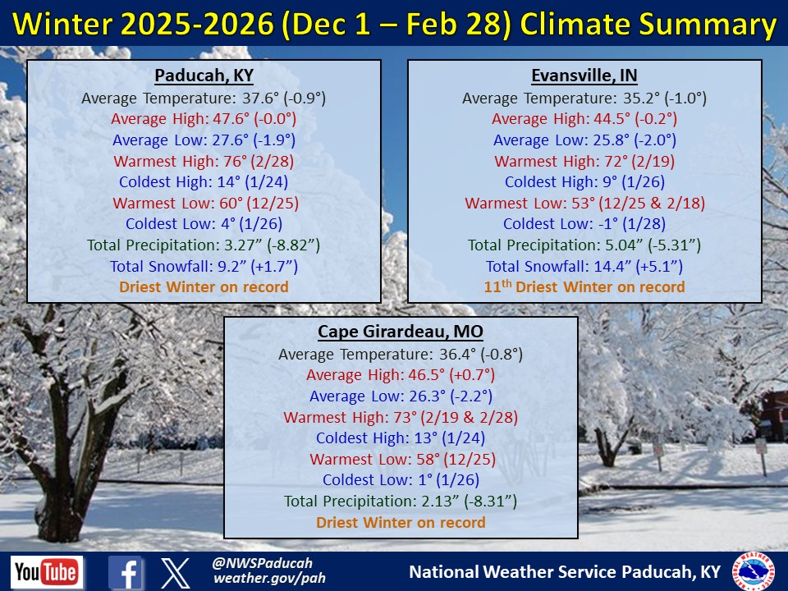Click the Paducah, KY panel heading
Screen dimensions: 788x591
[x=204, y=76]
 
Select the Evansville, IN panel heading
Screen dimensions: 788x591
[x=584, y=76]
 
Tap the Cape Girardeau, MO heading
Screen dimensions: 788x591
[x=401, y=332]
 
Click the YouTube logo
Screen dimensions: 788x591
[x=47, y=572]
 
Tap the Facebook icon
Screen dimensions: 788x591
[x=125, y=572]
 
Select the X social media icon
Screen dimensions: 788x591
[x=176, y=573]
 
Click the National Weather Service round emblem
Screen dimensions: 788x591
[x=754, y=571]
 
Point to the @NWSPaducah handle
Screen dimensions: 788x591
[x=263, y=563]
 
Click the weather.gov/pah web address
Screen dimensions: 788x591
[x=269, y=579]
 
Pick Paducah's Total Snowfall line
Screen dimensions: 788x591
[x=204, y=266]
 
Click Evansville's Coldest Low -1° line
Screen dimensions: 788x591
[x=584, y=223]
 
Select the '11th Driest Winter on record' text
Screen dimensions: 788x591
[x=584, y=286]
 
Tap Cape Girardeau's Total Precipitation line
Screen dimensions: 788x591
[x=401, y=501]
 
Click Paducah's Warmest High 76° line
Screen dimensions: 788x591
[x=204, y=161]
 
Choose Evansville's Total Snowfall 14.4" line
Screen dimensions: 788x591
[x=584, y=266]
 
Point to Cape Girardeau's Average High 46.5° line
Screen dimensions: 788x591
[x=401, y=375]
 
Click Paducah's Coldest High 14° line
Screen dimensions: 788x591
[x=204, y=181]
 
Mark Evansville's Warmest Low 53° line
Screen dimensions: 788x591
[x=584, y=203]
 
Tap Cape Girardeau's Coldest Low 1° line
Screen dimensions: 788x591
[x=401, y=480]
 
